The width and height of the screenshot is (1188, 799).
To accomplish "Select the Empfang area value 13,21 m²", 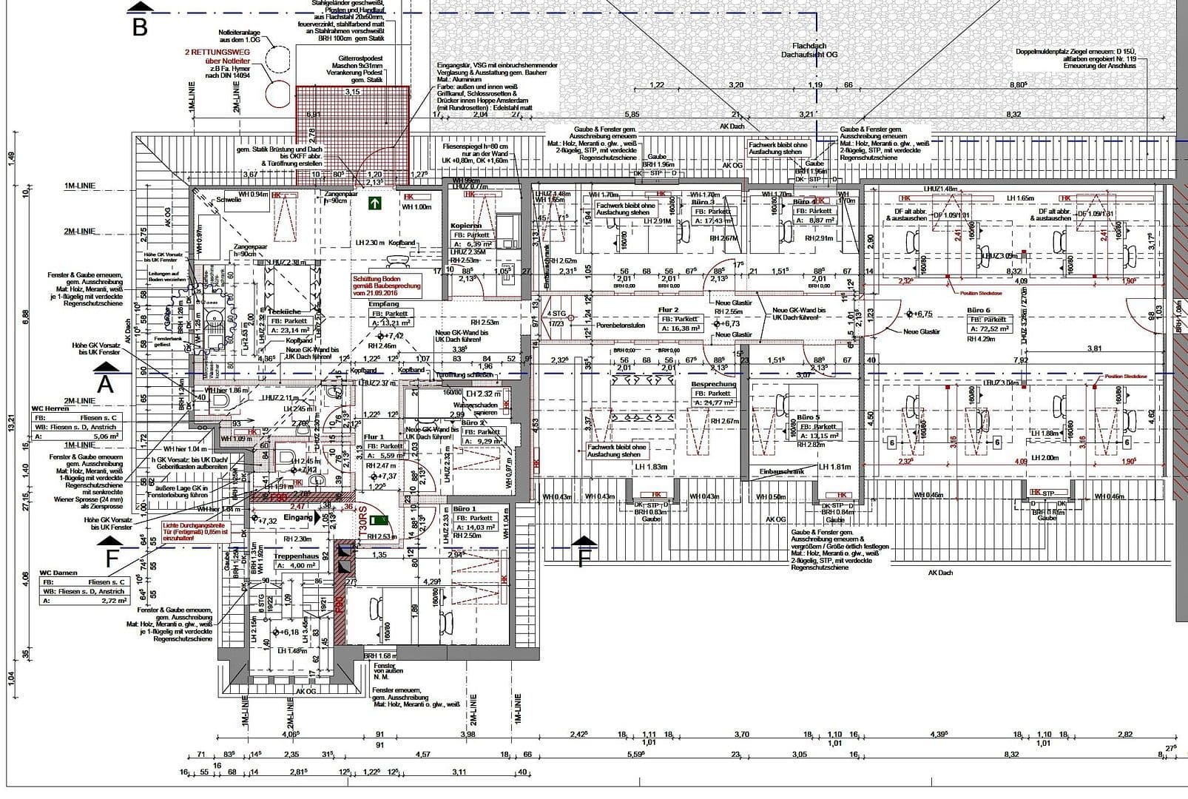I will (390, 323).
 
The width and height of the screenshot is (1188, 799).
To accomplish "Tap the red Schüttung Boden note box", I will (387, 284).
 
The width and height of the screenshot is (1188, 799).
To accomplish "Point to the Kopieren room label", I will (466, 226).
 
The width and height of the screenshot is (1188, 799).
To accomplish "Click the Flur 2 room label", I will (668, 310).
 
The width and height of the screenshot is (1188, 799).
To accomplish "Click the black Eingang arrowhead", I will (320, 519).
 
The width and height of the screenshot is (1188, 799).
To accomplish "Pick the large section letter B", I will (141, 27).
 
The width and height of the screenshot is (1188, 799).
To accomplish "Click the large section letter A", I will (106, 385).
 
